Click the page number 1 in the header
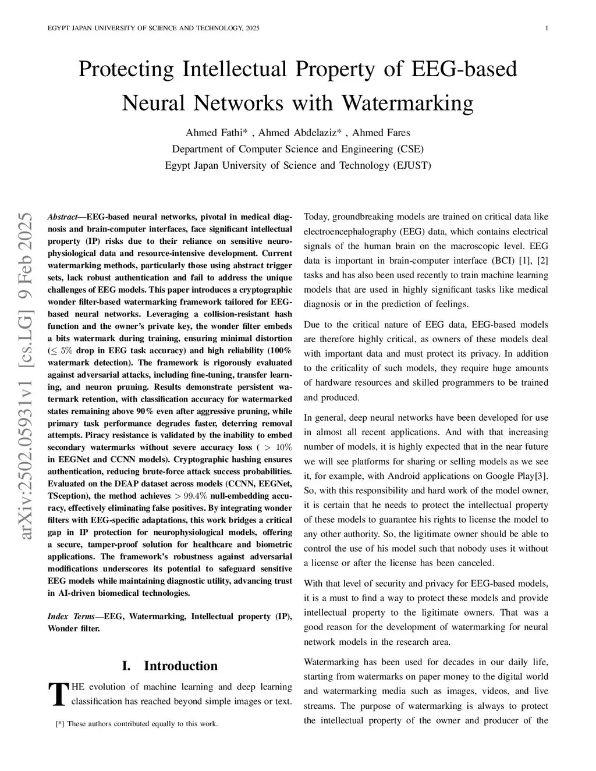(547, 29)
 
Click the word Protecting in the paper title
(126, 69)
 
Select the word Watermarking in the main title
(407, 103)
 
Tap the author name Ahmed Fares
(381, 133)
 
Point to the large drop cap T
(58, 694)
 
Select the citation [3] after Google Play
(542, 476)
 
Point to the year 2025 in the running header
(253, 29)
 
